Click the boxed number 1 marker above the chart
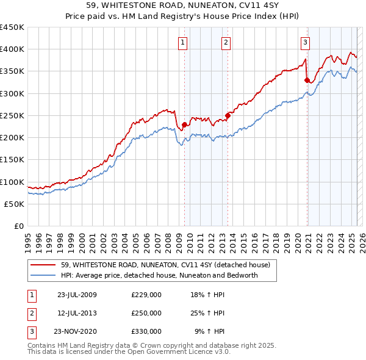(183, 42)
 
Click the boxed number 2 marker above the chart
(226, 42)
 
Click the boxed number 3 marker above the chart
(305, 42)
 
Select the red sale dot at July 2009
(184, 124)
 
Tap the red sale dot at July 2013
(228, 115)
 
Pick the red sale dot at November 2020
(307, 79)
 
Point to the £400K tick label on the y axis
(12, 49)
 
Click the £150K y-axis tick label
(12, 160)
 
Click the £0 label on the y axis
(19, 226)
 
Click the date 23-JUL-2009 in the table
(77, 295)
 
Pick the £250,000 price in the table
(146, 313)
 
